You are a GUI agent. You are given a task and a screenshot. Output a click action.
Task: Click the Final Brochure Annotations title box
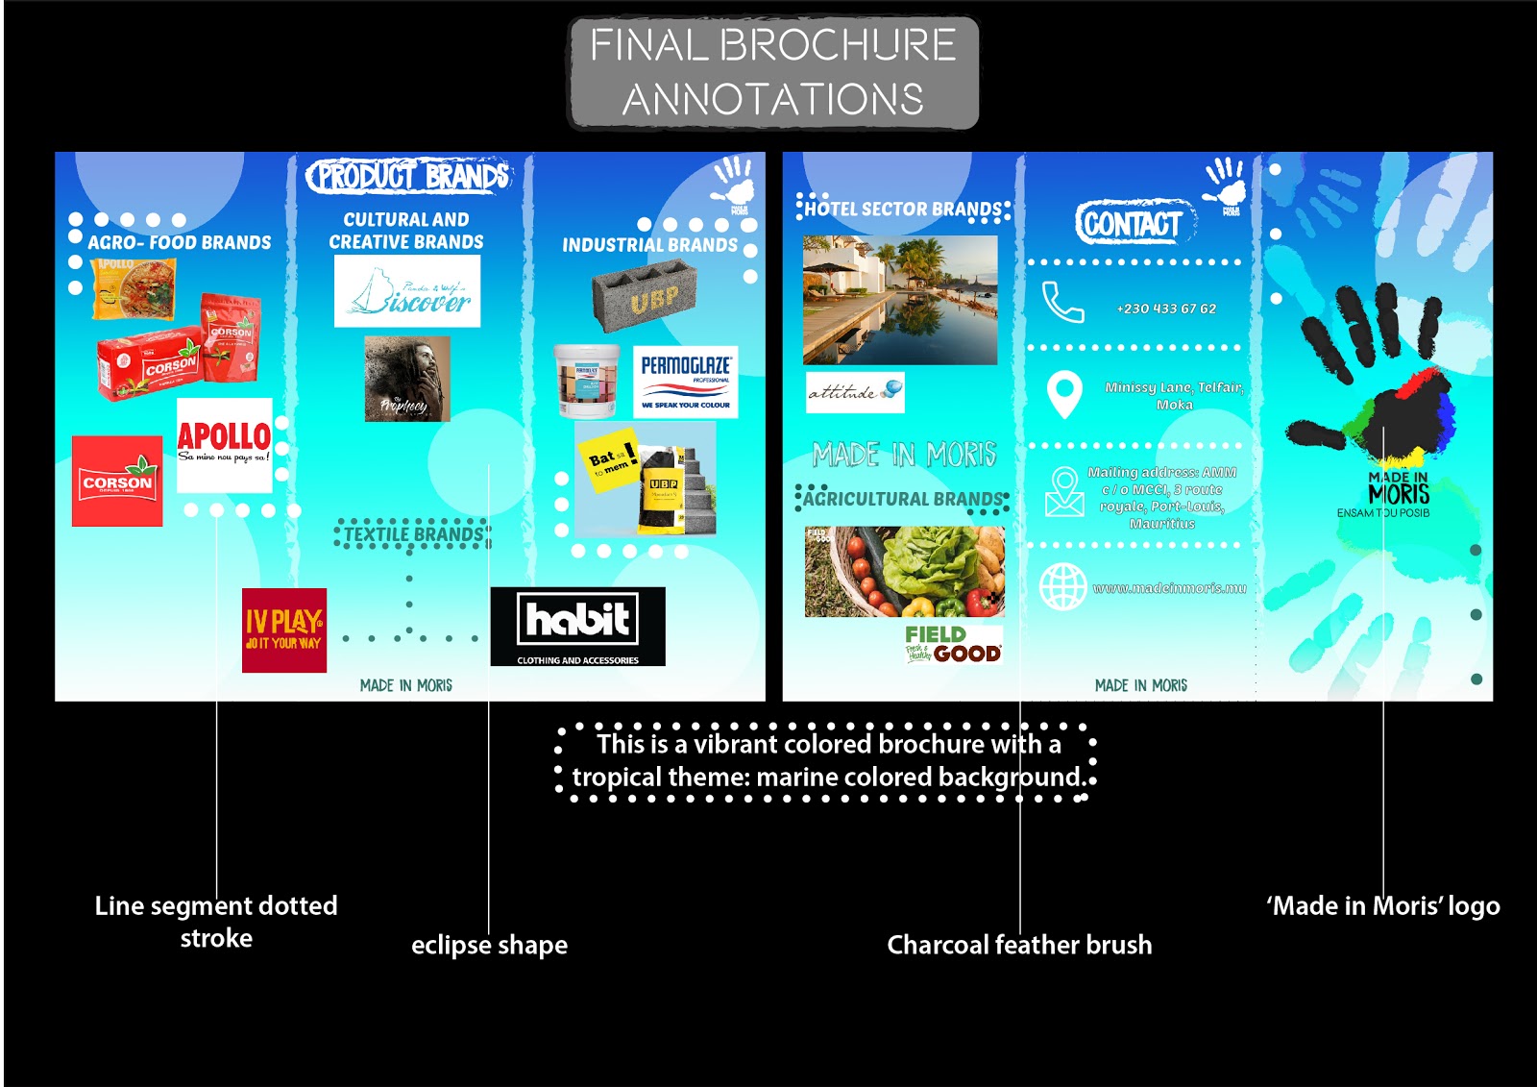pyautogui.click(x=773, y=72)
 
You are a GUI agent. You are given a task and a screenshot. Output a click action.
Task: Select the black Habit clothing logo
pyautogui.click(x=577, y=626)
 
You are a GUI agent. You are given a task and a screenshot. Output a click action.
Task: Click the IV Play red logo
pyautogui.click(x=283, y=630)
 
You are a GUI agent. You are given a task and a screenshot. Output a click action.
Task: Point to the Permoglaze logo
pyautogui.click(x=685, y=382)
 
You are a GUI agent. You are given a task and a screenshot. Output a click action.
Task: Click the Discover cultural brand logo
pyautogui.click(x=406, y=291)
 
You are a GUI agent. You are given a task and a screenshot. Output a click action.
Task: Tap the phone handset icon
pyautogui.click(x=1062, y=302)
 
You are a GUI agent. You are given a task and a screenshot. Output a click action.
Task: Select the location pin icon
pyautogui.click(x=1063, y=394)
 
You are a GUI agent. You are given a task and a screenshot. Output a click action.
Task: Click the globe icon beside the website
pyautogui.click(x=1063, y=586)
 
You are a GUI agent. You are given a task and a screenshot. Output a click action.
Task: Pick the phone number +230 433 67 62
pyautogui.click(x=1165, y=309)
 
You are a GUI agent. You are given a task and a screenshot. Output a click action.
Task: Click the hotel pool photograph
pyautogui.click(x=900, y=300)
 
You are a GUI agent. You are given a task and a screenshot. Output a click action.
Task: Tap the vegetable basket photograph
pyautogui.click(x=904, y=571)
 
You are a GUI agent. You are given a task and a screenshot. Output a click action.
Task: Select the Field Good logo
pyautogui.click(x=952, y=644)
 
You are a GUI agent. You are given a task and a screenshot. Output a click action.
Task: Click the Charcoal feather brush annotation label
pyautogui.click(x=1019, y=945)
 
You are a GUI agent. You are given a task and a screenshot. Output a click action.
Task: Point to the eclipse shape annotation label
pyautogui.click(x=489, y=945)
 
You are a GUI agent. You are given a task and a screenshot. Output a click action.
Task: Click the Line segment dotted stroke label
pyautogui.click(x=216, y=921)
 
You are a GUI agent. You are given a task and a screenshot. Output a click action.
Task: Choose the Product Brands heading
pyautogui.click(x=408, y=176)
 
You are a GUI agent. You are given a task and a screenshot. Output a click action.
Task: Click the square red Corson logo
pyautogui.click(x=117, y=481)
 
